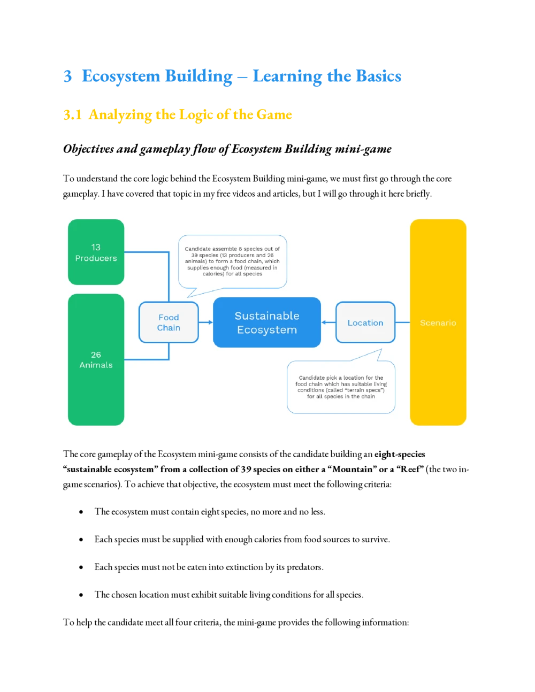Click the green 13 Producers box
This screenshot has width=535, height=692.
point(96,252)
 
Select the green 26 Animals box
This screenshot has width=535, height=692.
point(96,359)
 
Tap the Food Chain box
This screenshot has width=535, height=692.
point(169,322)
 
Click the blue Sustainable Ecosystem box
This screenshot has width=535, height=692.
point(267,322)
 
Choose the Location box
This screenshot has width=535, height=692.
point(365,322)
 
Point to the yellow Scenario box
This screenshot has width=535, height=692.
point(438,322)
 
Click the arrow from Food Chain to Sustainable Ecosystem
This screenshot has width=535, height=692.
point(205,322)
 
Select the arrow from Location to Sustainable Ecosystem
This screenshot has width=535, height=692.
point(328,322)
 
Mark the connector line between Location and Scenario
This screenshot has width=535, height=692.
point(402,322)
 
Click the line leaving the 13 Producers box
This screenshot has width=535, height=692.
point(147,252)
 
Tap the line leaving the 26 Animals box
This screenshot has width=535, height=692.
point(147,359)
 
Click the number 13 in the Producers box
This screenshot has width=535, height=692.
point(96,247)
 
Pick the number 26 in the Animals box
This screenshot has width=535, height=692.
point(96,355)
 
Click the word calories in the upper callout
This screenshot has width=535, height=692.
point(213,274)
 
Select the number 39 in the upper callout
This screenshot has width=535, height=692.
point(196,256)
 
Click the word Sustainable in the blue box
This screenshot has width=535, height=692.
point(267,316)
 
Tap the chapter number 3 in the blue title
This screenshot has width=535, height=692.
point(66,77)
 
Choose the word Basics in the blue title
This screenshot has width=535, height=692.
point(378,77)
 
